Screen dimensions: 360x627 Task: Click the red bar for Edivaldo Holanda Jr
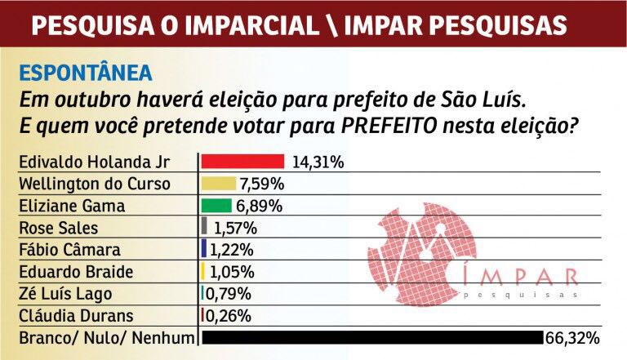(242, 161)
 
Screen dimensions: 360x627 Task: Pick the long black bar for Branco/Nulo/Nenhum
(371, 337)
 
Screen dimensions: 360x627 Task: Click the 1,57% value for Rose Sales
(234, 228)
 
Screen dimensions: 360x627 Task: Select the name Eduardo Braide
(73, 272)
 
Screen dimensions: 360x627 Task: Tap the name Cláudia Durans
(73, 316)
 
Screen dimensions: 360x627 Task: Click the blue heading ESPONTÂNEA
(86, 72)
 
